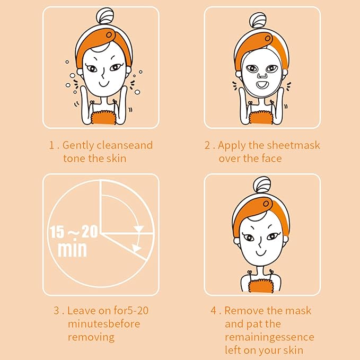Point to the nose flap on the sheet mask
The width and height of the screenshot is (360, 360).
[x=260, y=73]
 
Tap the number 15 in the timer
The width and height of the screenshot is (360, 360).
[x=57, y=232]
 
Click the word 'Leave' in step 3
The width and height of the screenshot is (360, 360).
[x=82, y=311]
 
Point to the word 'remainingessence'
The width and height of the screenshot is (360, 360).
[x=269, y=337]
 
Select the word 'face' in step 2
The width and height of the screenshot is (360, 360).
[x=271, y=159]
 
